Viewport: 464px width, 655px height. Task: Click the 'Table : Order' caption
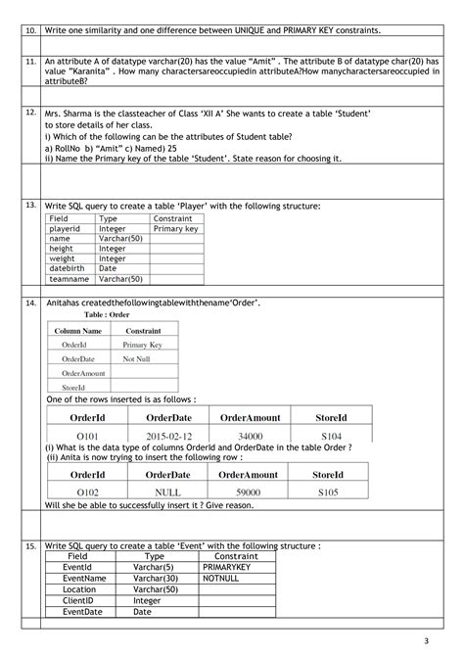point(107,315)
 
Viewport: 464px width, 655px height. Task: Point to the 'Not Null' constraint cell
point(136,359)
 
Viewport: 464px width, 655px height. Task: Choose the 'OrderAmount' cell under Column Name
point(82,373)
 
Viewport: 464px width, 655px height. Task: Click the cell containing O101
point(90,436)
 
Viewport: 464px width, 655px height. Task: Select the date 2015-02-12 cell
point(168,436)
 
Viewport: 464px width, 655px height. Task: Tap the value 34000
point(250,436)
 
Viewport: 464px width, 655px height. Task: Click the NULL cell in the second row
point(168,492)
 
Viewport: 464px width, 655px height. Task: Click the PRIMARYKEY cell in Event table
point(228,567)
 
